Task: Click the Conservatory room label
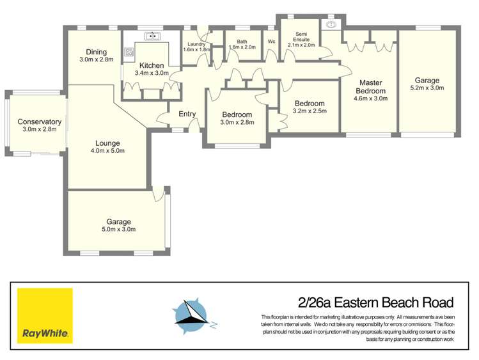click(x=39, y=121)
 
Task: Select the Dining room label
click(x=96, y=52)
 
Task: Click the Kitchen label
click(x=152, y=65)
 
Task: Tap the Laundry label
click(x=196, y=43)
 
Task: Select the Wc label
click(x=271, y=42)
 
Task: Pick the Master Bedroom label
click(x=370, y=86)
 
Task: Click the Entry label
click(x=187, y=114)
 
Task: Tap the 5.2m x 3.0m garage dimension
click(x=427, y=88)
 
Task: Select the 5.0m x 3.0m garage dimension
click(x=118, y=228)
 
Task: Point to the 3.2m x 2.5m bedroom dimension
click(x=310, y=111)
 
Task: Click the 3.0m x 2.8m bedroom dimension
click(x=237, y=122)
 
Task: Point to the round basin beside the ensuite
click(x=331, y=25)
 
